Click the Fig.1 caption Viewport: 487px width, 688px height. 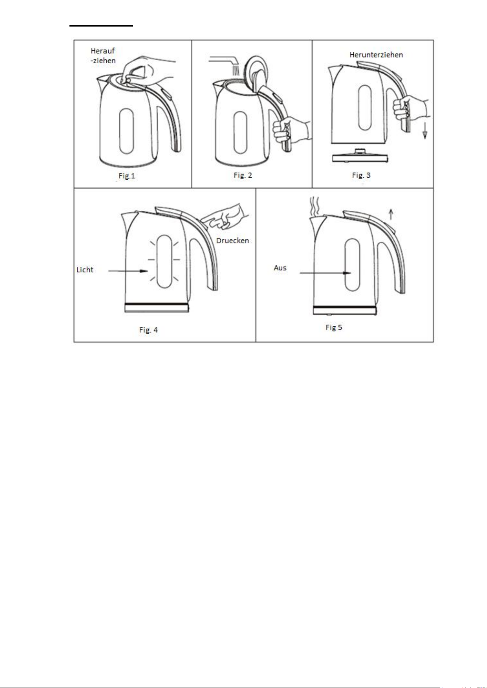[x=127, y=176]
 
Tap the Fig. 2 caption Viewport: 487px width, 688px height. [x=243, y=175]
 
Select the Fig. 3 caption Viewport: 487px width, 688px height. [x=361, y=175]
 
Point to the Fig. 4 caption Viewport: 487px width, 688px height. [x=148, y=330]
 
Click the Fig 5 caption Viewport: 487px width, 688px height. [x=334, y=327]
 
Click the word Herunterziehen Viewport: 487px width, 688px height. [x=376, y=55]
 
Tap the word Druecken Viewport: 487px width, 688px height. [x=232, y=240]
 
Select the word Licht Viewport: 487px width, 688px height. [x=85, y=269]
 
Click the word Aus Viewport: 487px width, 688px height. [x=280, y=268]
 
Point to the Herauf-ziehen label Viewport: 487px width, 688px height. [x=103, y=56]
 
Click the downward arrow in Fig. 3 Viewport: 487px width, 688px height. [x=425, y=131]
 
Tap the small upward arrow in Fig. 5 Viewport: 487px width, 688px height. [x=391, y=214]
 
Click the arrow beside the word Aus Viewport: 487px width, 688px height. [x=326, y=273]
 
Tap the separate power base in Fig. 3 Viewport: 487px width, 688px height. [x=360, y=157]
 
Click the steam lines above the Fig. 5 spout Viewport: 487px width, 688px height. [x=314, y=207]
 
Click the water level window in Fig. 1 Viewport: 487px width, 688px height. [x=126, y=131]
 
